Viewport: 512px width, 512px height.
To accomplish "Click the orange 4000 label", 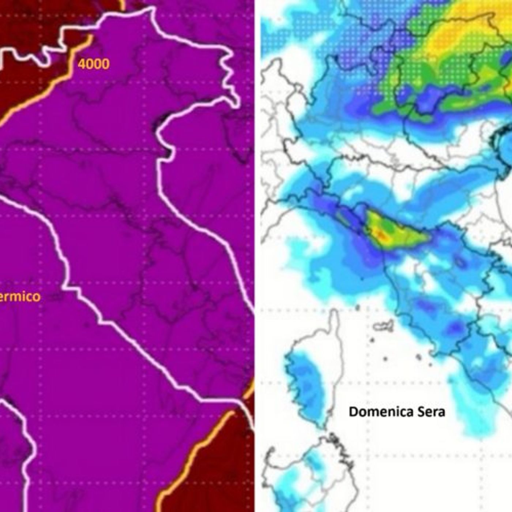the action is [x=93, y=64].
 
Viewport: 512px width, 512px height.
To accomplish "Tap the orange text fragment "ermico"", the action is [x=20, y=296].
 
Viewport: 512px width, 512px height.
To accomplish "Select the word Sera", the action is [x=432, y=412].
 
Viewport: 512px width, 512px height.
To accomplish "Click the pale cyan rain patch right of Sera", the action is [x=475, y=421].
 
